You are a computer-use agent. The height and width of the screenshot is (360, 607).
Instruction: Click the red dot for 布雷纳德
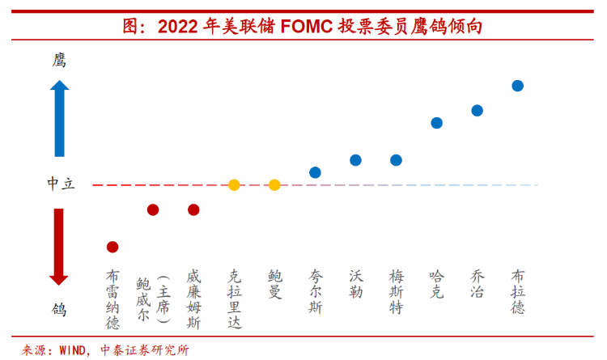[x=112, y=247]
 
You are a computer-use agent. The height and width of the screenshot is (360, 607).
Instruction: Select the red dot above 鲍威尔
[x=153, y=210]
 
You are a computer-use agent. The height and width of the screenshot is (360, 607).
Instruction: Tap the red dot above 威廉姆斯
[x=193, y=210]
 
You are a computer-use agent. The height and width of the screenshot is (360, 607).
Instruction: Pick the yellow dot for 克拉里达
[x=234, y=185]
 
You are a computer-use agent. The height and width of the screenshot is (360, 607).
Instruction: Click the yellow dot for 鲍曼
[x=274, y=185]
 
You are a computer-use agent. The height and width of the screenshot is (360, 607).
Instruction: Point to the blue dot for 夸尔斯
[x=315, y=172]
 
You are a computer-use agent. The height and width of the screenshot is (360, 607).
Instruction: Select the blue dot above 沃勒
[x=355, y=160]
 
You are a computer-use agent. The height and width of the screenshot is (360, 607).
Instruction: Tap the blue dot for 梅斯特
[x=396, y=160]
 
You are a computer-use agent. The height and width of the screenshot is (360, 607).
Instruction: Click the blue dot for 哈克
[x=436, y=123]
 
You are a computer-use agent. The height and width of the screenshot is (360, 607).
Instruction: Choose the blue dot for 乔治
[x=477, y=110]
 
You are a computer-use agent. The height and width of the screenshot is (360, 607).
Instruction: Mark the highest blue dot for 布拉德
[x=517, y=86]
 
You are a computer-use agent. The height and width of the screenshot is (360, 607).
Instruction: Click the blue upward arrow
[x=59, y=117]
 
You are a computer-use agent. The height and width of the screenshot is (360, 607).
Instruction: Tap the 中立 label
[x=60, y=184]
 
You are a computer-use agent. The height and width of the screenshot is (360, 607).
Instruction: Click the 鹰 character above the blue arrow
[x=59, y=61]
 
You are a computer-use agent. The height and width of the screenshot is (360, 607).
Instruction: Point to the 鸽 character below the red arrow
[x=59, y=309]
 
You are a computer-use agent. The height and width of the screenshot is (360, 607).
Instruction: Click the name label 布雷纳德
[x=112, y=299]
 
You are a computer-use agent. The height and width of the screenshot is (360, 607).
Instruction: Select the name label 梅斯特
[x=396, y=291]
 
